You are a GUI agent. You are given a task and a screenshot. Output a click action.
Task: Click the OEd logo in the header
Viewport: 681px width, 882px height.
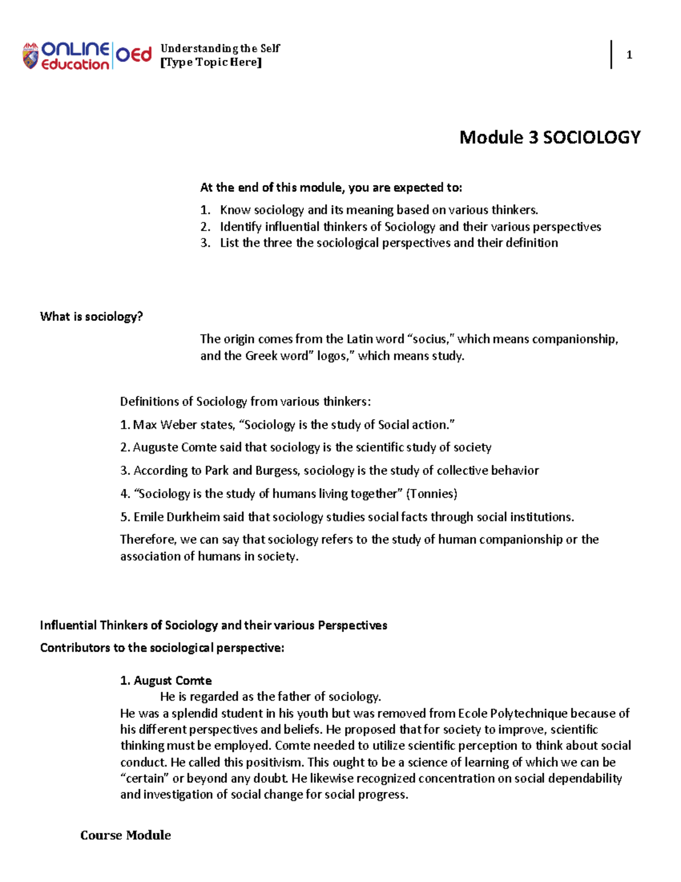tap(134, 55)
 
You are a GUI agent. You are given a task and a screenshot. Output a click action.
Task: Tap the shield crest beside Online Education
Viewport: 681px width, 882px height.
tap(31, 56)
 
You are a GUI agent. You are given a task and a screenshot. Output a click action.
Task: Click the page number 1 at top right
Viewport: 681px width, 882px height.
tap(629, 55)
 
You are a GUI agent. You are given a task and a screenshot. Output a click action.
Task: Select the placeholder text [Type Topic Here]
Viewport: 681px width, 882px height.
tap(211, 62)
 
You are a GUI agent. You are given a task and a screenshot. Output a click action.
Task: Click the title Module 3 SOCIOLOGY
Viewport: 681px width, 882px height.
tap(549, 137)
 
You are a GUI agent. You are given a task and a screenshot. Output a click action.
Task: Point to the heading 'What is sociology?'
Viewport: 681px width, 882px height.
tap(91, 317)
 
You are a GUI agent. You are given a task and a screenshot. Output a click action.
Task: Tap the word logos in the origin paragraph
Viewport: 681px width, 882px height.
tap(331, 356)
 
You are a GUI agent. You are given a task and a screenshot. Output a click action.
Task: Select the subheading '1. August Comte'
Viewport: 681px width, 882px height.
tap(166, 680)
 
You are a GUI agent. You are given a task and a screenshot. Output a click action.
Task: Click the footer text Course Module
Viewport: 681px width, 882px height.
tap(125, 835)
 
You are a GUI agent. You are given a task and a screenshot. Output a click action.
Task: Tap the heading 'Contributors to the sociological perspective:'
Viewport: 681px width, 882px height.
tap(162, 648)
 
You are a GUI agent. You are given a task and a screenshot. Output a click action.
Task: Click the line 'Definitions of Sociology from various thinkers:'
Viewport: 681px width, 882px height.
tap(245, 402)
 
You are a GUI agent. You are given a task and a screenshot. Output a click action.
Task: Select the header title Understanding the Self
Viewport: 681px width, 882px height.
tap(220, 48)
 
